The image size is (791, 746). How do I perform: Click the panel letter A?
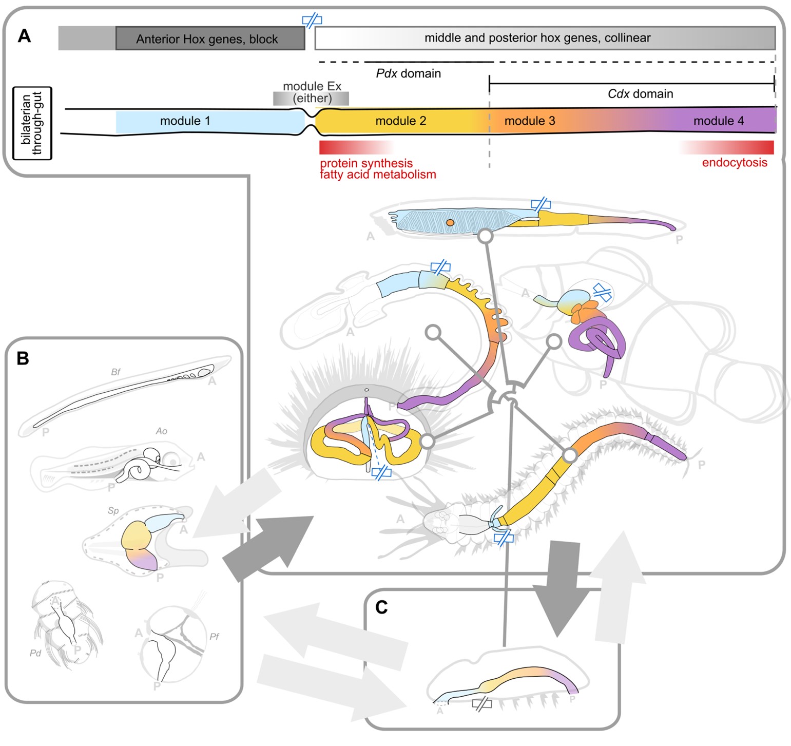[24, 36]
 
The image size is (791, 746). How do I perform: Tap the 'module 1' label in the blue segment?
[185, 121]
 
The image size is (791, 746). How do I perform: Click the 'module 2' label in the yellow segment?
[400, 121]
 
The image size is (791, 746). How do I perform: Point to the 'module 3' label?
[529, 121]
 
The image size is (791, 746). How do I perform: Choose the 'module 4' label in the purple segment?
[718, 121]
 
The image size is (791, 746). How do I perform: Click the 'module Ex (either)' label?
[312, 92]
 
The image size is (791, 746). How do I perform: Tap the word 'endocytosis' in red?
[734, 163]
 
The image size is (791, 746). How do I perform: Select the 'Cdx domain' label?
[640, 94]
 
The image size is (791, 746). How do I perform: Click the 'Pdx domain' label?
[408, 73]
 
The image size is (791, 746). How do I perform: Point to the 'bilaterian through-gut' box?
[32, 123]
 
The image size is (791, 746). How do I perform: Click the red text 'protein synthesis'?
[366, 163]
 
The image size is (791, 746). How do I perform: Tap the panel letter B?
[23, 358]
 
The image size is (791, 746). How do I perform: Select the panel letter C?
[381, 607]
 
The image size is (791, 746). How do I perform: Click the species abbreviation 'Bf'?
[115, 372]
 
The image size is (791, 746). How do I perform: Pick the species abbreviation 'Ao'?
[161, 431]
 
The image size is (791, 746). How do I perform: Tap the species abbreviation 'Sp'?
[113, 510]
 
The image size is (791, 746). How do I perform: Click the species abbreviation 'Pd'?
[35, 653]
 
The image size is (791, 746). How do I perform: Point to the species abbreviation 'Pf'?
[214, 637]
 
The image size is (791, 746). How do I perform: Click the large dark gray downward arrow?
[561, 590]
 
